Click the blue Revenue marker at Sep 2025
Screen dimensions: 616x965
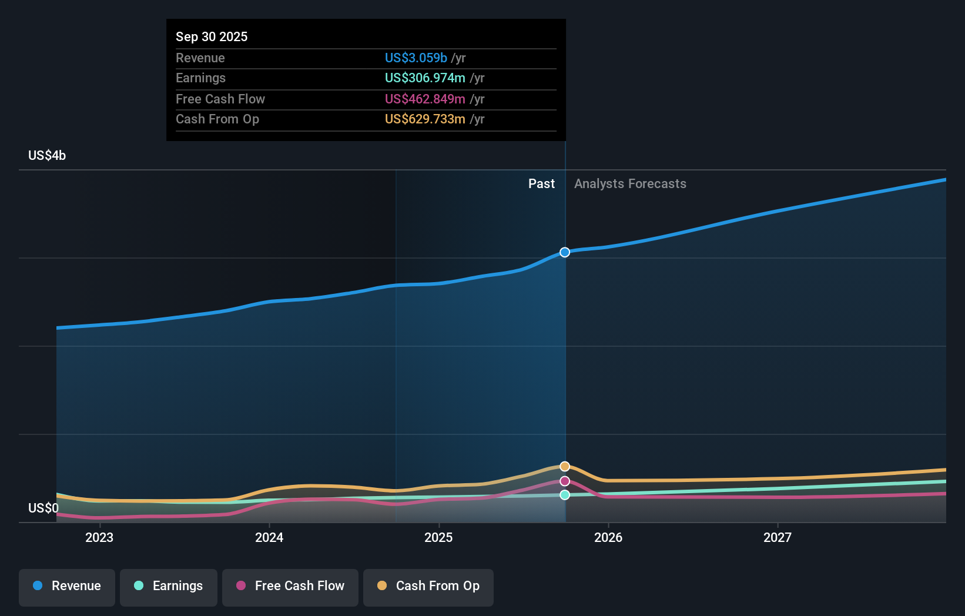pos(565,252)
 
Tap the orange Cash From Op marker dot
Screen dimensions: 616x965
pos(565,466)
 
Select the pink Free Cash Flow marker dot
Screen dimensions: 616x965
pos(565,481)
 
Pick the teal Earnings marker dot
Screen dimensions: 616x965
pos(565,495)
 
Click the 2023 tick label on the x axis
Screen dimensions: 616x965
pos(99,537)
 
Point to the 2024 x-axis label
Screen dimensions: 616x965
pos(269,537)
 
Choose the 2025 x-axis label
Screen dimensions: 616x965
pos(438,537)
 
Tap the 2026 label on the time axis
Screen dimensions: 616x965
pos(608,537)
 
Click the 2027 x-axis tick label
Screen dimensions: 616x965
pos(778,537)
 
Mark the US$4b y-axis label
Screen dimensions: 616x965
pos(47,155)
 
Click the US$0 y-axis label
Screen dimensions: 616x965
pos(43,508)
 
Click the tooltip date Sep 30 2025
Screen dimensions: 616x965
pos(212,36)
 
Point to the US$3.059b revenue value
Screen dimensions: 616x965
pos(416,58)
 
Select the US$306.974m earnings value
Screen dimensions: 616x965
pos(425,78)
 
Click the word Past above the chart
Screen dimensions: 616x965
pos(541,183)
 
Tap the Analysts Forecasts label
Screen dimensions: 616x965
pos(630,183)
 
